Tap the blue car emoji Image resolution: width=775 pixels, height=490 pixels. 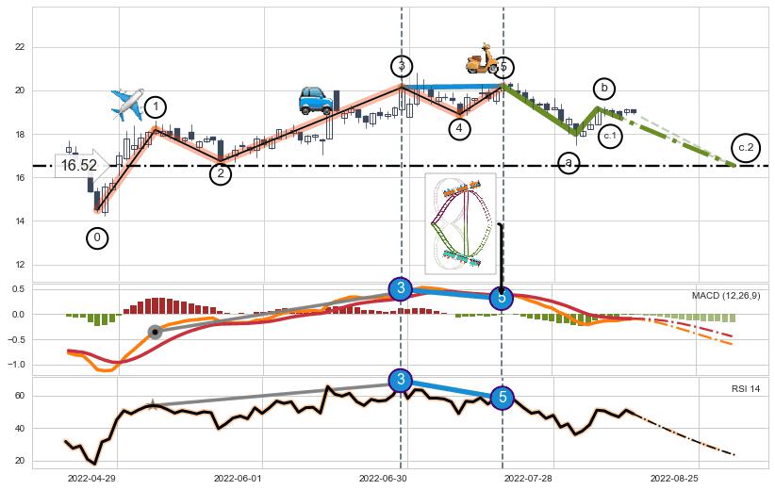click(316, 99)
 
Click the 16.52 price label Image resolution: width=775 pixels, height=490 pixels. click(79, 165)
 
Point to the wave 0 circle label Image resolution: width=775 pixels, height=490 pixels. click(97, 238)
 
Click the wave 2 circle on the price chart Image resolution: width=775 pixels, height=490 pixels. click(221, 173)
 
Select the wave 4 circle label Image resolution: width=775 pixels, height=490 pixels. click(459, 128)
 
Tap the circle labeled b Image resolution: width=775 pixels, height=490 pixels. click(604, 89)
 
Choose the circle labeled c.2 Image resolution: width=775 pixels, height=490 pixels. click(746, 147)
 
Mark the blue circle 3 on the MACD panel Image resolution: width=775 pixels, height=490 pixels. click(401, 288)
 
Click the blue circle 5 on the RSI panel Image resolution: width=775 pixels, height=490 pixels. click(503, 397)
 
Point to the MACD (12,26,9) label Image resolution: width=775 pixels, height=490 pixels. click(725, 296)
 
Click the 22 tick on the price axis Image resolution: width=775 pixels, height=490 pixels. click(20, 47)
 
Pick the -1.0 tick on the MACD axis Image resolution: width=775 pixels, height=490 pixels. click(18, 365)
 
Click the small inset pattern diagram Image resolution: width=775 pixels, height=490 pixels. click(460, 222)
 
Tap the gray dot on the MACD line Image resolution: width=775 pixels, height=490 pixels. click(155, 332)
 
